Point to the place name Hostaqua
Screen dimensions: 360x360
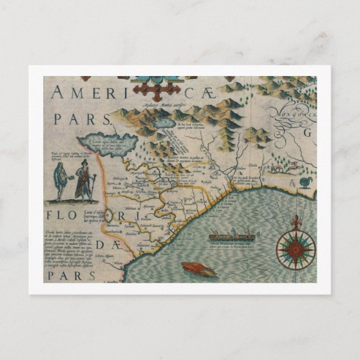point(152,175)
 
